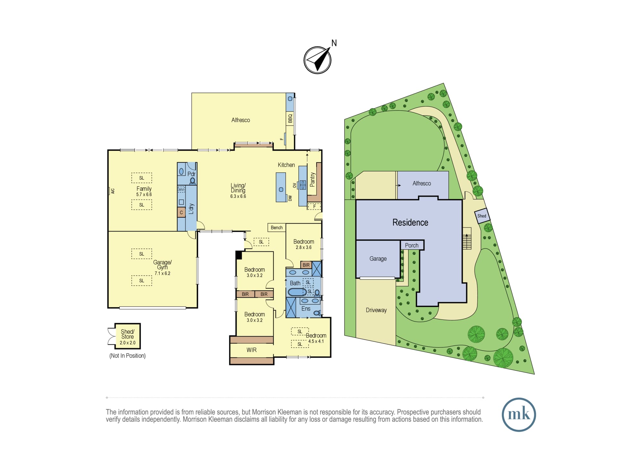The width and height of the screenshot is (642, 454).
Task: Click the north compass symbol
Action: click(317, 60)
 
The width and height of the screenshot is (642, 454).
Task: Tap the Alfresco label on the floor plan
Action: click(240, 120)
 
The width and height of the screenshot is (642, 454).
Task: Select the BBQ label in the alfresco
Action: click(290, 118)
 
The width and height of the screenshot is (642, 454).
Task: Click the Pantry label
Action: click(312, 179)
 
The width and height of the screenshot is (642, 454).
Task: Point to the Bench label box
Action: click(277, 228)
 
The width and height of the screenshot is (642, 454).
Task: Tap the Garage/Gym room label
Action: click(162, 265)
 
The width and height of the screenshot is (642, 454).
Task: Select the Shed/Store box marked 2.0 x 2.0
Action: click(127, 336)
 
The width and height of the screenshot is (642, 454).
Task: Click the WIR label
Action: click(251, 350)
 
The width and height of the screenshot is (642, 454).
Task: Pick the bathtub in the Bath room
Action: click(297, 292)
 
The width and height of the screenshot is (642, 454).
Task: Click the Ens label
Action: click(306, 309)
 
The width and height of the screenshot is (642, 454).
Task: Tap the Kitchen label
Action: click(286, 165)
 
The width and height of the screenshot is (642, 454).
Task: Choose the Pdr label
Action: click(191, 174)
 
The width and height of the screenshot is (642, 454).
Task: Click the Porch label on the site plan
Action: click(412, 245)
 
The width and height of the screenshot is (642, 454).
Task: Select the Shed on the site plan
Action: click(482, 216)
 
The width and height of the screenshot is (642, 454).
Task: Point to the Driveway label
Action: click(376, 310)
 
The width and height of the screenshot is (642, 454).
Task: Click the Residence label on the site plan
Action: click(410, 223)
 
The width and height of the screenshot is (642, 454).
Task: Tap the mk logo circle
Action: click(519, 415)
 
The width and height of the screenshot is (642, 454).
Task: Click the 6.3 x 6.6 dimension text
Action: click(238, 196)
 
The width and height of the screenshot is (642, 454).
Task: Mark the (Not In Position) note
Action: click(127, 356)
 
